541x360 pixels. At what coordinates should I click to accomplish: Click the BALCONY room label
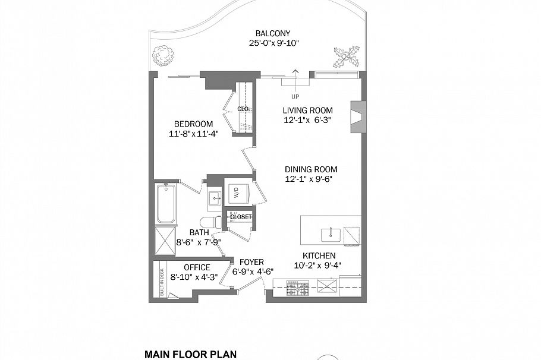pyautogui.click(x=272, y=33)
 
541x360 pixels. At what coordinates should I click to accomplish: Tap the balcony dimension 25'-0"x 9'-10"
pyautogui.click(x=273, y=43)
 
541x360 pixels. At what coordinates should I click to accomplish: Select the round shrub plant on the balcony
pyautogui.click(x=162, y=55)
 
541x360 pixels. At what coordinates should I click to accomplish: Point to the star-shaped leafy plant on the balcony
pyautogui.click(x=347, y=56)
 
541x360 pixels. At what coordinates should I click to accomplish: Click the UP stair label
pyautogui.click(x=295, y=97)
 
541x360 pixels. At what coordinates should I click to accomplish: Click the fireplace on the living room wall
pyautogui.click(x=358, y=116)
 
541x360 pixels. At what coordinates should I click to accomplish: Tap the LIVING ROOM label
pyautogui.click(x=308, y=110)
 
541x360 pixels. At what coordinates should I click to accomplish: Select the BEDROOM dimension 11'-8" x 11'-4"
pyautogui.click(x=194, y=134)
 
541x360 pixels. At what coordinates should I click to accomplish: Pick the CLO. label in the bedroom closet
pyautogui.click(x=243, y=109)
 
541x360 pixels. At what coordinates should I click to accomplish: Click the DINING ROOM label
pyautogui.click(x=311, y=169)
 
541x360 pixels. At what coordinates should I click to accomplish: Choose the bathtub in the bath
pyautogui.click(x=166, y=204)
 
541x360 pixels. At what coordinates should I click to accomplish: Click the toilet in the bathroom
pyautogui.click(x=211, y=222)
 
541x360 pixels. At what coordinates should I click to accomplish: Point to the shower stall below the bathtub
pyautogui.click(x=165, y=241)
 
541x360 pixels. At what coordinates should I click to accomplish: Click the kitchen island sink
pyautogui.click(x=331, y=235)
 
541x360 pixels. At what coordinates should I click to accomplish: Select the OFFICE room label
pyautogui.click(x=197, y=267)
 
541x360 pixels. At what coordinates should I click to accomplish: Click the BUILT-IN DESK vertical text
pyautogui.click(x=162, y=282)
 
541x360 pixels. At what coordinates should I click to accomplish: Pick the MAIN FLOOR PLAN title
pyautogui.click(x=190, y=354)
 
